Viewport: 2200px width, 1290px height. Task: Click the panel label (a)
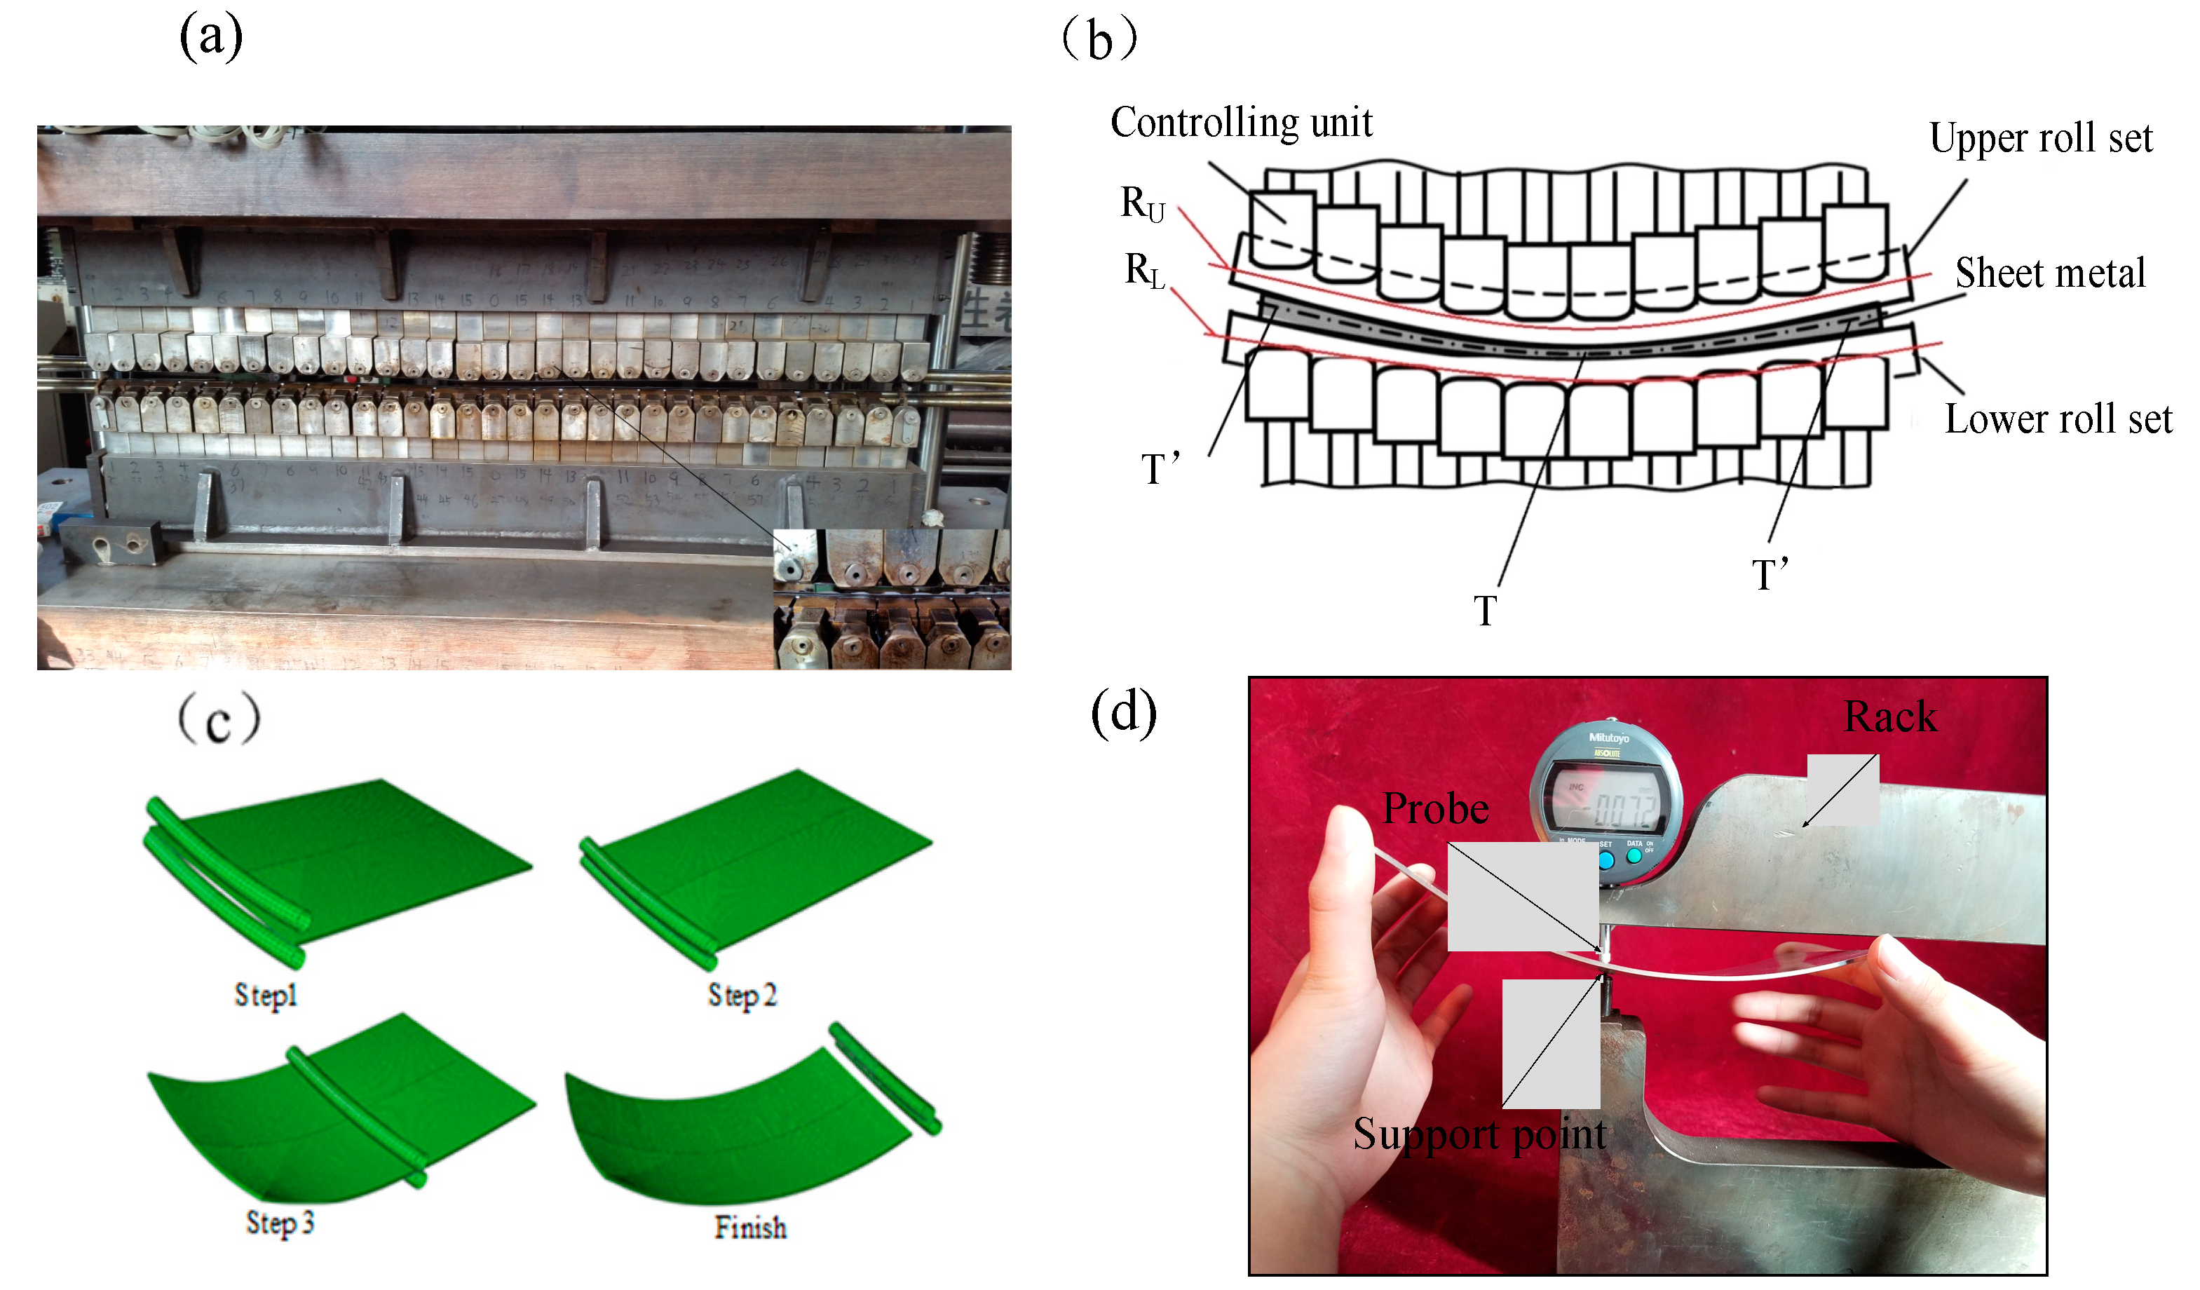(210, 39)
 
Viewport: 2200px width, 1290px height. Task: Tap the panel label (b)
(1099, 40)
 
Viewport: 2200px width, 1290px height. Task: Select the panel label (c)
(218, 719)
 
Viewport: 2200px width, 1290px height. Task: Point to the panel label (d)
(1124, 712)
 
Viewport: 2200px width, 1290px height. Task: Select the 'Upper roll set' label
(2040, 138)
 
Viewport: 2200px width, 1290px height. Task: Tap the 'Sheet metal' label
(2050, 273)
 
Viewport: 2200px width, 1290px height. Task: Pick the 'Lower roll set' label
(2058, 420)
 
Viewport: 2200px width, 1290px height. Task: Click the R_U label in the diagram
(1142, 204)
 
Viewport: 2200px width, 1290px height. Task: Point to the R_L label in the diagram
(1143, 271)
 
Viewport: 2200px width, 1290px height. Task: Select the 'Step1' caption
(266, 996)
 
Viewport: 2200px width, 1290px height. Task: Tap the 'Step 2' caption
(741, 996)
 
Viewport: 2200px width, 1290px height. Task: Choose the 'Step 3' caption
(279, 1223)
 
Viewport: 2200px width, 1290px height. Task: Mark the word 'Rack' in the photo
(1890, 717)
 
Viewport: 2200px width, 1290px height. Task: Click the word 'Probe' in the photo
(1435, 809)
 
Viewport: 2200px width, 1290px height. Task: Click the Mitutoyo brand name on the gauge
(1608, 738)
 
